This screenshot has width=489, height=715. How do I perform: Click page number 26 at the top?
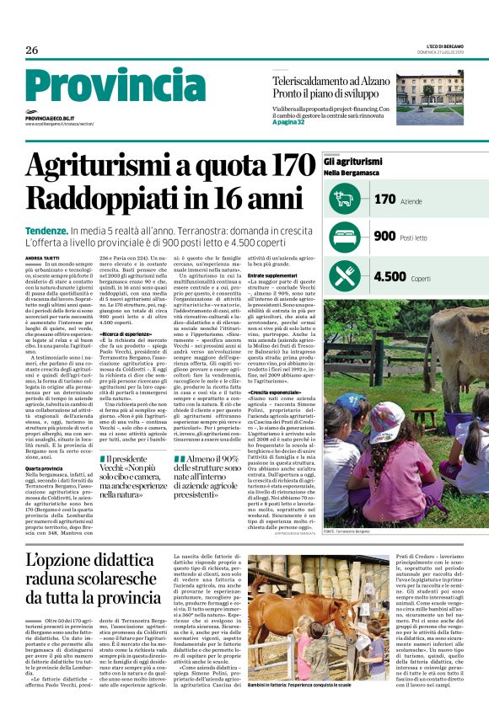coord(32,51)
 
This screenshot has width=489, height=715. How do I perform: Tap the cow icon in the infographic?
coord(344,200)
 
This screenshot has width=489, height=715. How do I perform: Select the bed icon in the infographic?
coord(344,237)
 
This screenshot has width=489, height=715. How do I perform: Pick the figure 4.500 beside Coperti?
coord(390,275)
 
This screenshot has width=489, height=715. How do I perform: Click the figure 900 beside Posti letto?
coord(384,237)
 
